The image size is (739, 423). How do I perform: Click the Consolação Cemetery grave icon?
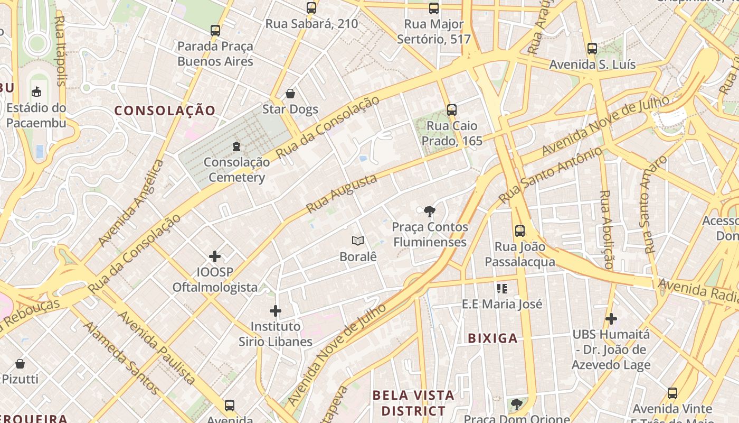[x=236, y=146]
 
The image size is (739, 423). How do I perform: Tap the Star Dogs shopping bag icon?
[x=290, y=94]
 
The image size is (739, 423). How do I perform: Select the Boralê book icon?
[x=358, y=241]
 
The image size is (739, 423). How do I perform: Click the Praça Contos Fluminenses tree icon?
[x=430, y=212]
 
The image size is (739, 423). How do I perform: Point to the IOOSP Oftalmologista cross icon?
[x=215, y=256]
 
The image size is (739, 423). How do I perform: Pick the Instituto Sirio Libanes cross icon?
[x=276, y=311]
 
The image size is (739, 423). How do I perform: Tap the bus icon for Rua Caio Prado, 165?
[x=451, y=110]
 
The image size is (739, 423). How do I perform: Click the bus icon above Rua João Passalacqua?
[x=520, y=231]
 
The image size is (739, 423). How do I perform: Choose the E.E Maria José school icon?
[x=501, y=289]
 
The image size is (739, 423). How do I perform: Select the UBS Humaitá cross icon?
[x=611, y=319]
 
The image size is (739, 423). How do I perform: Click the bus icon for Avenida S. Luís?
[x=592, y=49]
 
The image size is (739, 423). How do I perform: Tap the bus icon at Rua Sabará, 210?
[x=311, y=8]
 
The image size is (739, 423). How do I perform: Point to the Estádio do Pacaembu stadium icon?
[x=36, y=92]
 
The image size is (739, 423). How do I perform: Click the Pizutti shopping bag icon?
[x=20, y=364]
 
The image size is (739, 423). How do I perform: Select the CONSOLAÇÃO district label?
[x=165, y=111]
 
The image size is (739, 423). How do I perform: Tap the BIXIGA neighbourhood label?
[x=492, y=338]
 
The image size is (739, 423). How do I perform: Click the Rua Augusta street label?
[x=342, y=193]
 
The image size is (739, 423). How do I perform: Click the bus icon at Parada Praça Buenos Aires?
[x=215, y=31]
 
